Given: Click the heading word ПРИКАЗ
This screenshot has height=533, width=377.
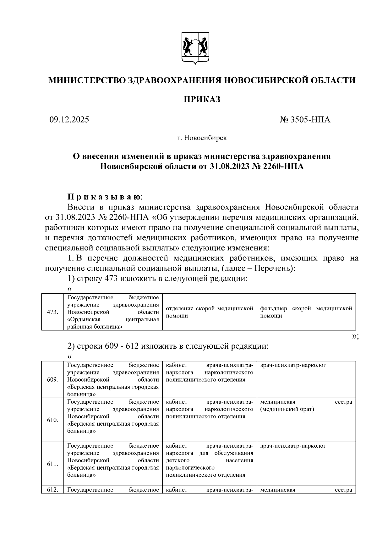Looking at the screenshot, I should tap(201, 100).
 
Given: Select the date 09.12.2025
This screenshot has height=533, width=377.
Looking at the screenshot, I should tap(69, 120).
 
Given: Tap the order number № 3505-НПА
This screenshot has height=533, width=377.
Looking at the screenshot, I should tap(305, 120).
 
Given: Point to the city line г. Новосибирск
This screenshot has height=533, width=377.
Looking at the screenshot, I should tap(201, 138).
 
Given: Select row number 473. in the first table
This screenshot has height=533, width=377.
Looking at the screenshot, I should tap(52, 312).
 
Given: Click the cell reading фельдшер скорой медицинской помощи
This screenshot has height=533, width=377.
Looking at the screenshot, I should tap(306, 312).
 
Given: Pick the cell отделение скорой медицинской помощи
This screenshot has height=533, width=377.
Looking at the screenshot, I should tap(209, 312).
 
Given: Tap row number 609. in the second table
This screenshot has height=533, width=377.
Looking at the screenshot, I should tap(52, 379).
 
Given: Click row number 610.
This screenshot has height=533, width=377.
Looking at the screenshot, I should tap(52, 420).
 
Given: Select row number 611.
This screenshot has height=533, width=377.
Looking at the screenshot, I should tap(52, 464).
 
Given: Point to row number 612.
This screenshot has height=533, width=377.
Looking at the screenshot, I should tap(52, 490).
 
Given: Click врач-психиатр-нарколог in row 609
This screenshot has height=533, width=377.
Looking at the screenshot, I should tap(293, 365).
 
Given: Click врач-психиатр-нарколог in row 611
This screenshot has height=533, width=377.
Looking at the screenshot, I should tap(293, 446).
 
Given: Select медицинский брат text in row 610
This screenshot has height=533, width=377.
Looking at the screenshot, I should tap(287, 409).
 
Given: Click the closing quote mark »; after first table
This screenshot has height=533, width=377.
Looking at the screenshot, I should tap(355, 336).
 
